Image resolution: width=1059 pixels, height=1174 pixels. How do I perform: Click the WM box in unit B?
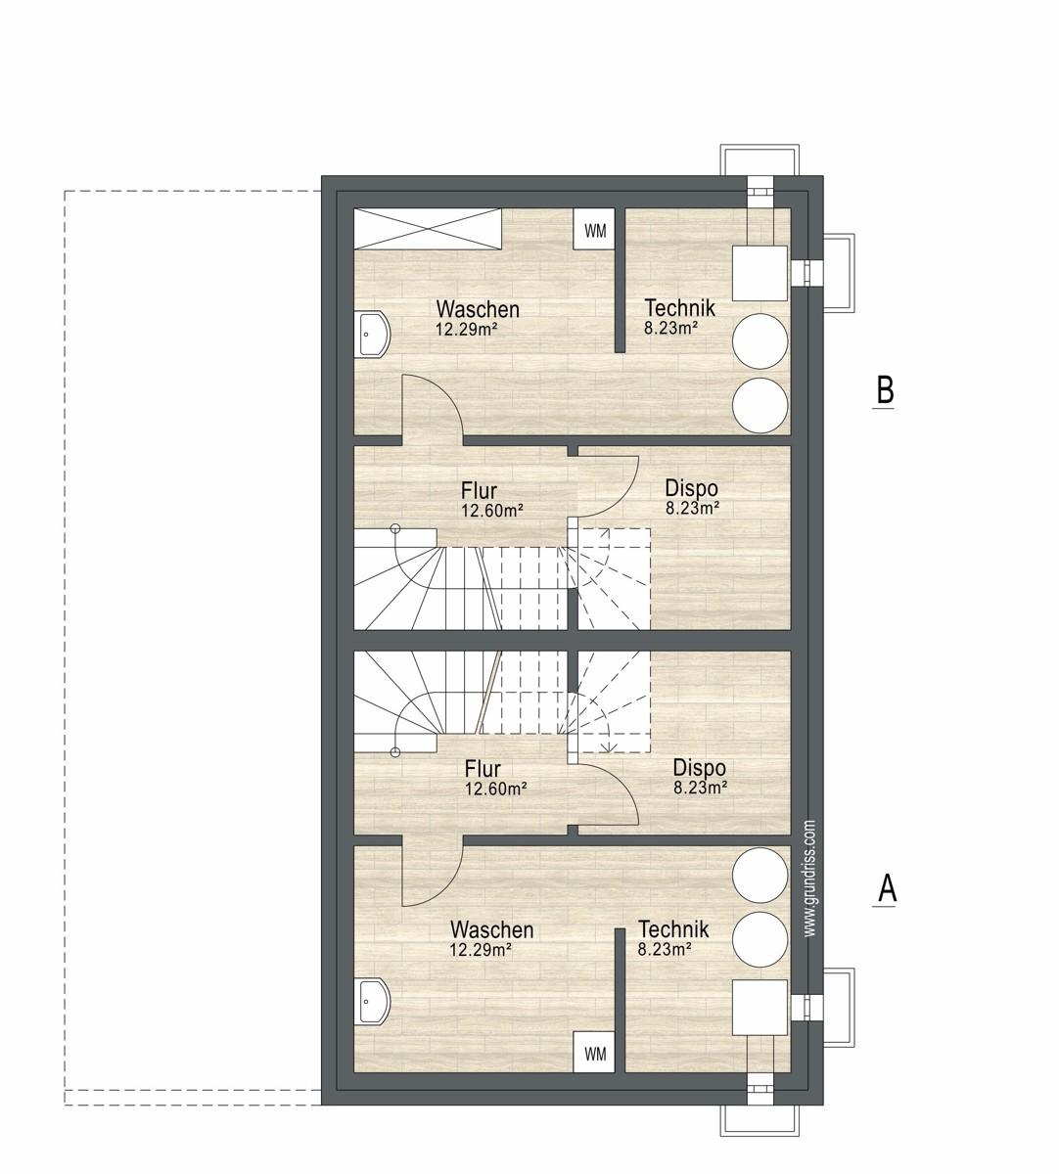(x=594, y=229)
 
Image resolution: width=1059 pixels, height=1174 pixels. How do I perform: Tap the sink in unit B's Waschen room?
(x=372, y=335)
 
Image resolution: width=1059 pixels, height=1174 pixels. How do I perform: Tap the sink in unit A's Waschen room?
(x=372, y=1002)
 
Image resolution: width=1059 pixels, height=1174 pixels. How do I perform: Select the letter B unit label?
(x=885, y=389)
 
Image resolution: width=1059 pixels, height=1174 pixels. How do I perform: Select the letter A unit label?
(x=887, y=889)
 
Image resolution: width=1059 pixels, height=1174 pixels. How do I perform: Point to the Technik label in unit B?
(x=679, y=307)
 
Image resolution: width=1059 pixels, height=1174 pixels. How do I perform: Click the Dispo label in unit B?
(x=692, y=488)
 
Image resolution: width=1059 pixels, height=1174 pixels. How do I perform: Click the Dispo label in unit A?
(x=700, y=767)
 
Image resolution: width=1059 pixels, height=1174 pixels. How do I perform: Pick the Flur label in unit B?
(x=479, y=490)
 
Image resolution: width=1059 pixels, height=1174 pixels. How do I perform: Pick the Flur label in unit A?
(x=483, y=768)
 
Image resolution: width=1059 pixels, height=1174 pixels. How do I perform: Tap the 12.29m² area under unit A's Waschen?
(x=481, y=949)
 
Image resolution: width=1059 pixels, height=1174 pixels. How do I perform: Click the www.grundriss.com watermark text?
(x=809, y=878)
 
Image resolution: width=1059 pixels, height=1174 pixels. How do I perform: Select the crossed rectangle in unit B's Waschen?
(x=428, y=229)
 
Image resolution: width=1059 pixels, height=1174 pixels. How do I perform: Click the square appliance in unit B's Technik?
(x=760, y=273)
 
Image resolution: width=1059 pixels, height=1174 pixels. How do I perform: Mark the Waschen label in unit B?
(x=478, y=308)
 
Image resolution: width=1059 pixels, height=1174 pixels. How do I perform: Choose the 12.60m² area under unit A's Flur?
(x=495, y=789)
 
